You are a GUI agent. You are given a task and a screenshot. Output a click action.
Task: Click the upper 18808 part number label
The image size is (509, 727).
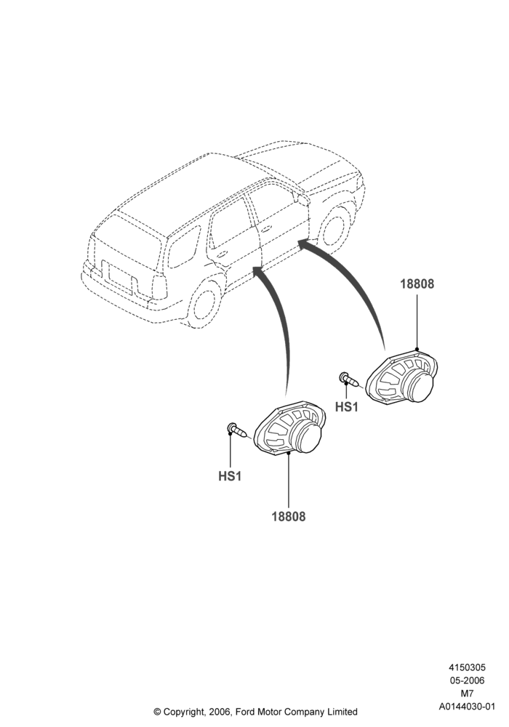pyautogui.click(x=417, y=284)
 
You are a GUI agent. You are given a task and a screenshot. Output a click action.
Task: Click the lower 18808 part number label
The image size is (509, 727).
pyautogui.click(x=289, y=516)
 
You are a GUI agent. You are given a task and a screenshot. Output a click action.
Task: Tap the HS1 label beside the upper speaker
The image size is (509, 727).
pyautogui.click(x=347, y=406)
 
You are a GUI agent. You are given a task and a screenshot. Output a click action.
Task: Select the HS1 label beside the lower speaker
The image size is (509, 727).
pyautogui.click(x=230, y=476)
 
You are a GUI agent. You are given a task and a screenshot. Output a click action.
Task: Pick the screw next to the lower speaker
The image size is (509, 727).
pyautogui.click(x=238, y=430)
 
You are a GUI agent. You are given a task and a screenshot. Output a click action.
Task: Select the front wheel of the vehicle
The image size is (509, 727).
pyautogui.click(x=334, y=227)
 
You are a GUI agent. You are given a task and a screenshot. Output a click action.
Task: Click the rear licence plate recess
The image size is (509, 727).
pyautogui.click(x=117, y=278)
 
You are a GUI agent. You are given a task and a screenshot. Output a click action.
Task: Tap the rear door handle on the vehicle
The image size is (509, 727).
pyautogui.click(x=223, y=254)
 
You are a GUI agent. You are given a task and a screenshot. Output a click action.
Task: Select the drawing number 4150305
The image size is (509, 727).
pyautogui.click(x=467, y=667)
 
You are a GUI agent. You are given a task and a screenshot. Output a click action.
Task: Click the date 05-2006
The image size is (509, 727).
pyautogui.click(x=467, y=680)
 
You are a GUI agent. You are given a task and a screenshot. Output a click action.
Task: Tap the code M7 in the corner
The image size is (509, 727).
pyautogui.click(x=467, y=694)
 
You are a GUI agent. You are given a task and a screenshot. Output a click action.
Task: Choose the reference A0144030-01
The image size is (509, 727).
pyautogui.click(x=468, y=707)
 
